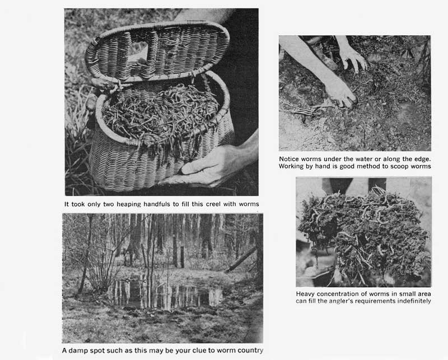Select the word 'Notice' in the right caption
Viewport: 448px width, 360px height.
(x=289, y=159)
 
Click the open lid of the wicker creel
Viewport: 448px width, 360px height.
(x=157, y=52)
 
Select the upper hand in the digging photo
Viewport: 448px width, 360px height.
(x=353, y=59)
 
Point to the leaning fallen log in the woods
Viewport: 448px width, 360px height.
(x=241, y=259)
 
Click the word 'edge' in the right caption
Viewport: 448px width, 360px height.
(x=422, y=159)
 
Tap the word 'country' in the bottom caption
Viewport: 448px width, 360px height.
(x=251, y=350)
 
